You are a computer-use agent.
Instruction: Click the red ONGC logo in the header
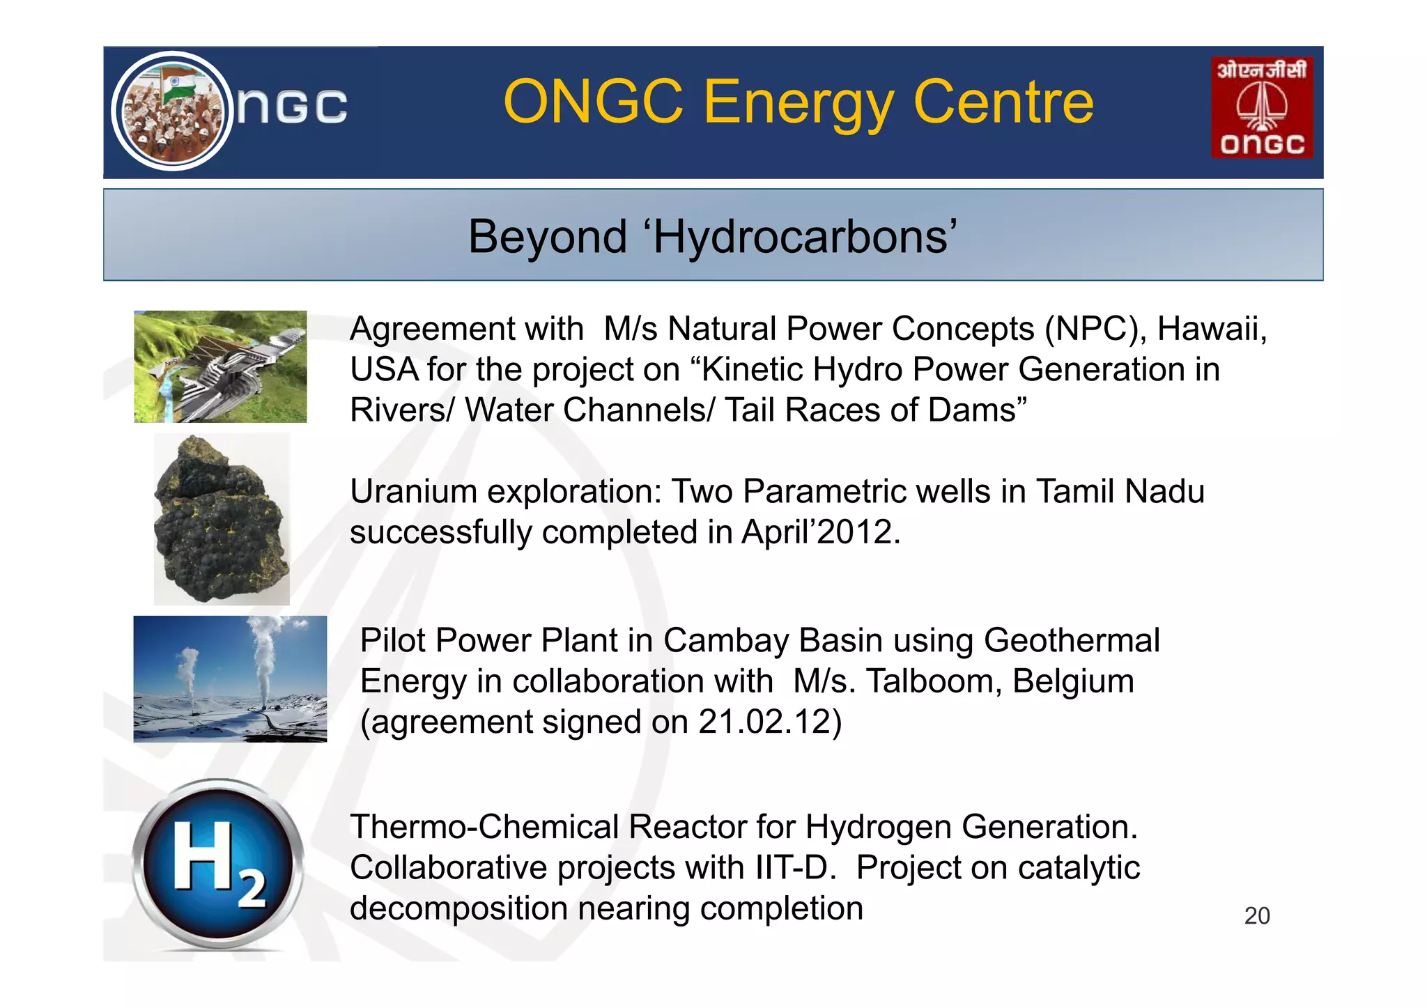(1262, 108)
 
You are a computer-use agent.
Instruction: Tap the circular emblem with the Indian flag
(172, 111)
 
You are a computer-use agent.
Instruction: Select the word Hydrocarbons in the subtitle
(801, 237)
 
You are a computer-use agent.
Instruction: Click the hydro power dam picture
(220, 366)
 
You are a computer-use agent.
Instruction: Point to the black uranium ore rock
(220, 519)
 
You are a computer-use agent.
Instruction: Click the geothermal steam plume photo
(230, 679)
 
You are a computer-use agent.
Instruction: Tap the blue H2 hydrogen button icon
(218, 864)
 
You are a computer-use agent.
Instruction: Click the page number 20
(1257, 915)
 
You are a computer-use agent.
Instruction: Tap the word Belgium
(1073, 681)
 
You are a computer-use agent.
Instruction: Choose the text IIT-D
(794, 868)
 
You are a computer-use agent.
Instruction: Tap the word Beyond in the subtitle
(547, 237)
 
